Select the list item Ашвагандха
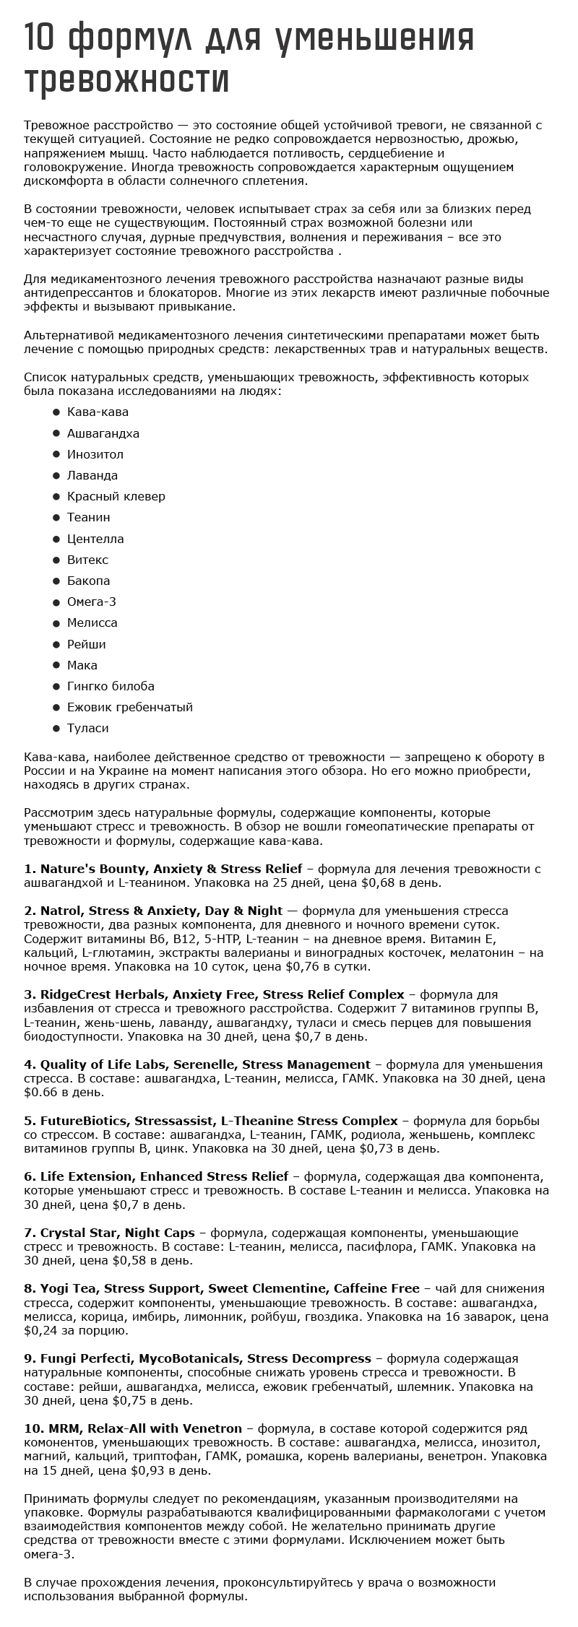[x=103, y=433]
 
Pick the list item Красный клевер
[x=116, y=496]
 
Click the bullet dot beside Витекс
[x=56, y=560]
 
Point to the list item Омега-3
[x=92, y=602]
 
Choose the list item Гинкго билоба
[x=111, y=686]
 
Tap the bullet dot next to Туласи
[x=56, y=728]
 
